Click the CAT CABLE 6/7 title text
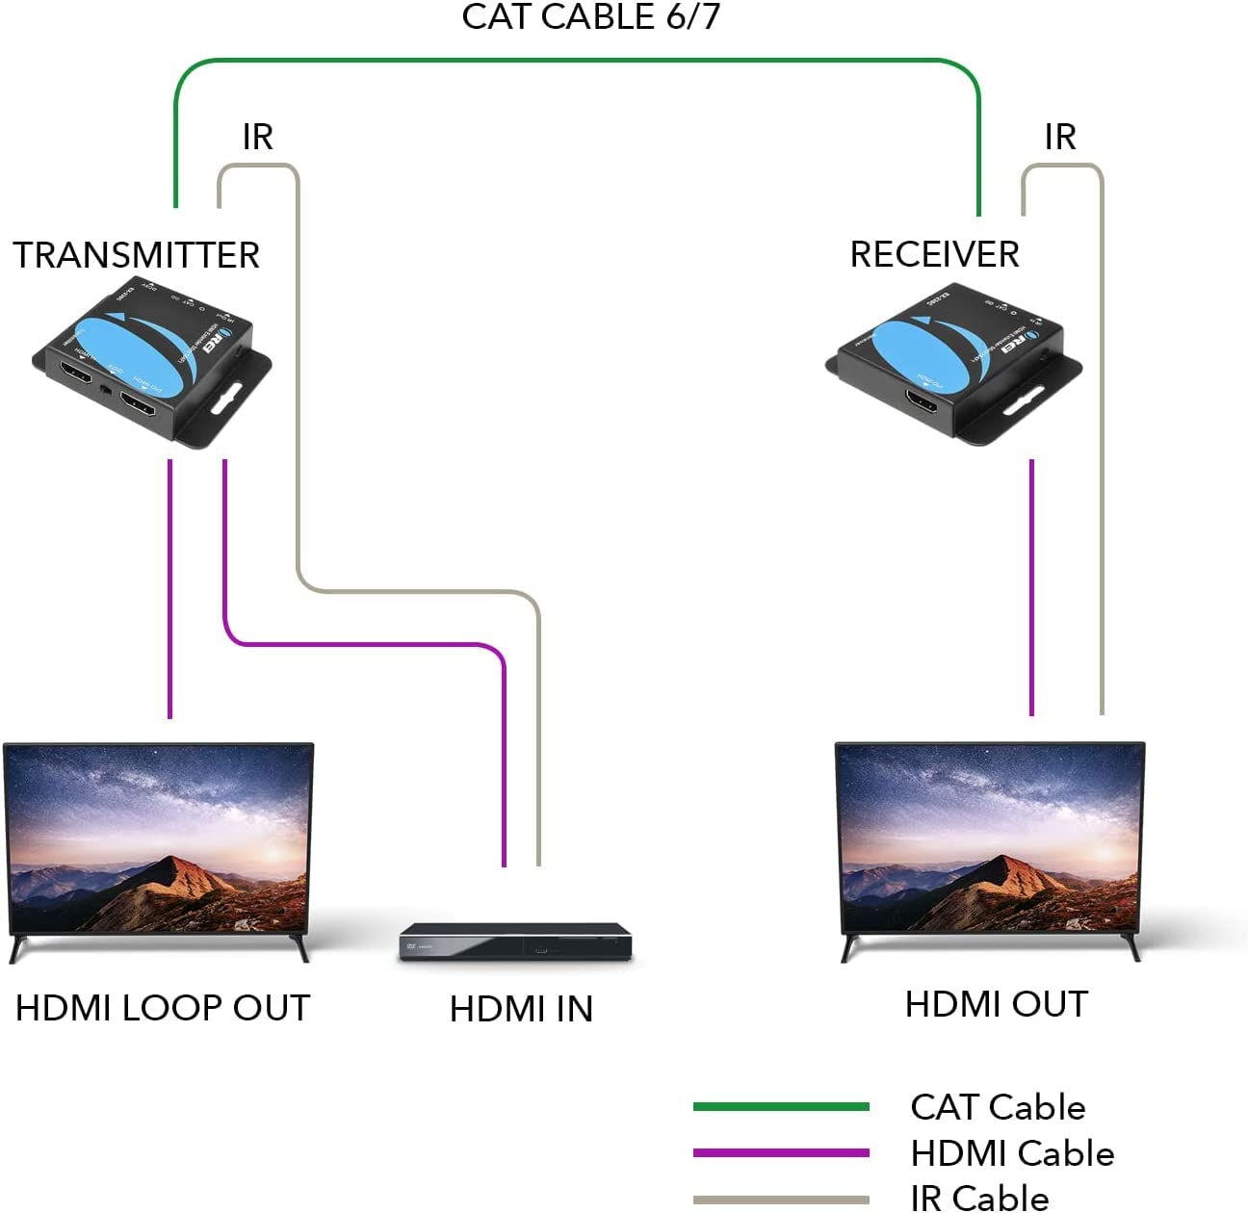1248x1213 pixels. pyautogui.click(x=590, y=17)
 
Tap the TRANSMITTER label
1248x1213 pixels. pyautogui.click(x=136, y=255)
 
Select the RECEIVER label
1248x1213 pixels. pyautogui.click(x=934, y=254)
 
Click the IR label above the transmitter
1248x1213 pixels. pyautogui.click(x=257, y=138)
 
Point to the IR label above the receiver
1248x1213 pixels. pyautogui.click(x=1059, y=138)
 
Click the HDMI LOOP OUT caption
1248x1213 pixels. pyautogui.click(x=162, y=1008)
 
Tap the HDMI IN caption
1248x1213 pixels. pyautogui.click(x=521, y=1009)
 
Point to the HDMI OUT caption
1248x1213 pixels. pyautogui.click(x=996, y=1004)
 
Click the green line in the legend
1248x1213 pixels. pyautogui.click(x=781, y=1107)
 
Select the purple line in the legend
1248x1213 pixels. pyautogui.click(x=781, y=1152)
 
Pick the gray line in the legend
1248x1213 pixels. pyautogui.click(x=781, y=1200)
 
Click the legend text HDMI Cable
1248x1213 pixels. pyautogui.click(x=1012, y=1153)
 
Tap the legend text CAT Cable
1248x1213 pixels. pyautogui.click(x=998, y=1107)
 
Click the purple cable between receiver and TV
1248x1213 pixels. pyautogui.click(x=1031, y=587)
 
